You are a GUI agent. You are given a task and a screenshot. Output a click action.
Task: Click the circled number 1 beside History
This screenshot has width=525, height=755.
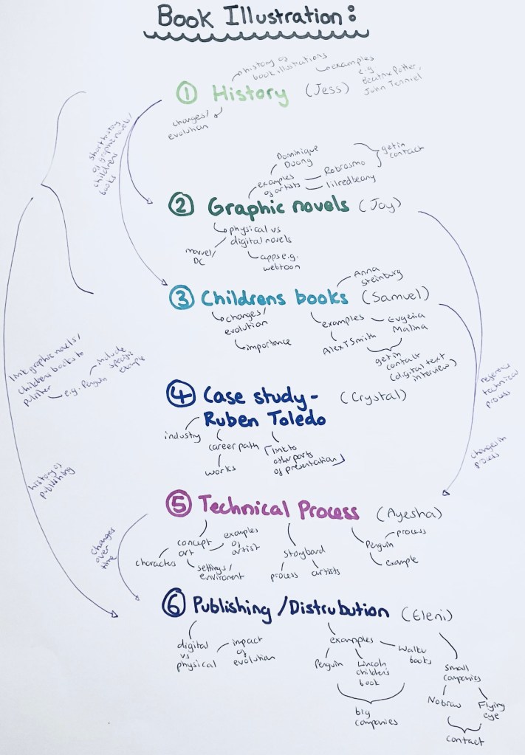(188, 94)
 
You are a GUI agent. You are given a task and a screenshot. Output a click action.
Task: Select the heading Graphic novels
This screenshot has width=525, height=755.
(278, 204)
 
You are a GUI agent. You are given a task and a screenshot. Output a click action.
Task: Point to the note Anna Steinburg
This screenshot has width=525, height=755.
(374, 275)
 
